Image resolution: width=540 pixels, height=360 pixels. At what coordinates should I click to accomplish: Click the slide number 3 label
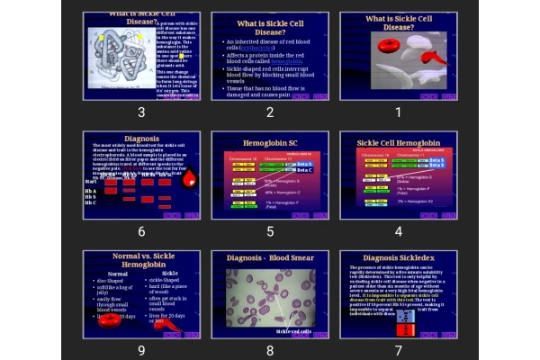pyautogui.click(x=141, y=112)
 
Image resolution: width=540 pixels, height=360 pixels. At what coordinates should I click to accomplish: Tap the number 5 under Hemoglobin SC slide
pyautogui.click(x=270, y=231)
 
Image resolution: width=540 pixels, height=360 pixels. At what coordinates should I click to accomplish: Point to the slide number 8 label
pyautogui.click(x=270, y=350)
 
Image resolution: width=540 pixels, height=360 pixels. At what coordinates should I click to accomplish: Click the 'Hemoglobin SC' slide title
pyautogui.click(x=269, y=143)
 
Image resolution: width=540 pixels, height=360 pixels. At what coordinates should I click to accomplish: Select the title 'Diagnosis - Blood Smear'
pyautogui.click(x=269, y=257)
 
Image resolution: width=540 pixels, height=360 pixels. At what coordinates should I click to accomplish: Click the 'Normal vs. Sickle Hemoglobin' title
pyautogui.click(x=141, y=261)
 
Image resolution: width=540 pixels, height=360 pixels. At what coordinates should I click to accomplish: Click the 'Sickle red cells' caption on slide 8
pyautogui.click(x=293, y=331)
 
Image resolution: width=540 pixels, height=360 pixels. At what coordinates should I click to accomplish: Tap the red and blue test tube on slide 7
pyautogui.click(x=407, y=322)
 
